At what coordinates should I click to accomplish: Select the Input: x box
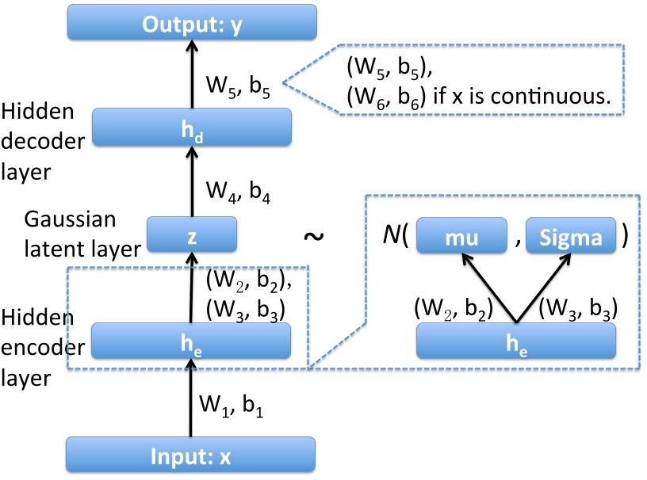click(190, 457)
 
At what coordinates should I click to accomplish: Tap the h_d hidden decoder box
click(191, 126)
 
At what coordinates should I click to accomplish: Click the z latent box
click(191, 234)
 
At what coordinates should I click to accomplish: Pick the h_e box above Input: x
click(191, 341)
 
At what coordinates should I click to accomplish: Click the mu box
click(461, 236)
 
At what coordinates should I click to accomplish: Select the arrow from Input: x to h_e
click(190, 396)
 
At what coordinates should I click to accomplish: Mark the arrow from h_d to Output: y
click(190, 75)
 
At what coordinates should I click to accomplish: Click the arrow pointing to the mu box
click(488, 285)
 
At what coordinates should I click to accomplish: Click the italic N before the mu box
click(390, 237)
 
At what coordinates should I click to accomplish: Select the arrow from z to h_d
click(190, 182)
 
